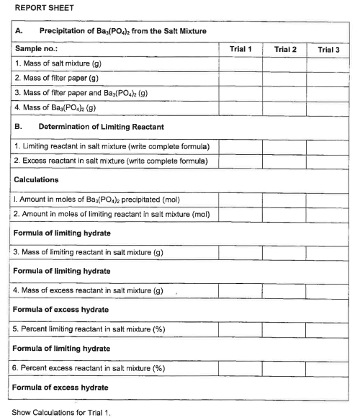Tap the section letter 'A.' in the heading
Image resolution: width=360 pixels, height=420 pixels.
click(x=19, y=32)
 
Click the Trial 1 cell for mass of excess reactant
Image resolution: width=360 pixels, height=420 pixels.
click(x=240, y=291)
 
